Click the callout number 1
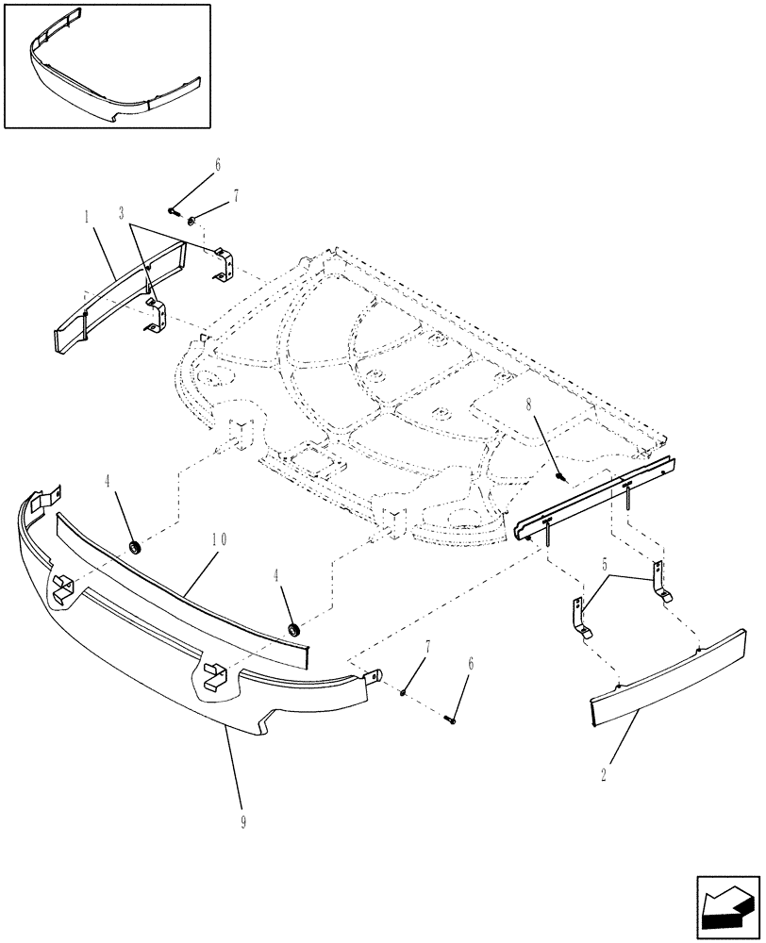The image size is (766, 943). coord(86,217)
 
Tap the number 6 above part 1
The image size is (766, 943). coord(217,164)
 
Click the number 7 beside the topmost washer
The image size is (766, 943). coord(236,195)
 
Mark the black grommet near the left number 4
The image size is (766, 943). coord(135,548)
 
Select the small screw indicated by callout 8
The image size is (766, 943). coord(561,479)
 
